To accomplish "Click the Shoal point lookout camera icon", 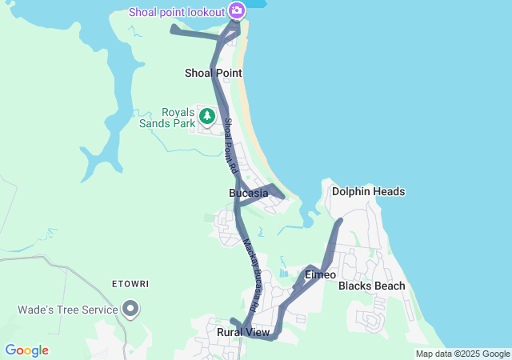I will pos(236,10).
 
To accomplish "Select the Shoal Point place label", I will pos(213,73).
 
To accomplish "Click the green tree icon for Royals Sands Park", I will pos(207,116).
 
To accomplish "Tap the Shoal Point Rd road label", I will pos(230,146).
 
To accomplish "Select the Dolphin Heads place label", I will pos(368,192).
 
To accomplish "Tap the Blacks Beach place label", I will pos(371,286).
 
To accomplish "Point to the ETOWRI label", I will pos(131,284).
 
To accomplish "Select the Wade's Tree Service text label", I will pos(67,310).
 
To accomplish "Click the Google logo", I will pos(26,350).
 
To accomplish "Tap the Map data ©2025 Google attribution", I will pos(462,354).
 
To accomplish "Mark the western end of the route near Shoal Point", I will pos(174,29).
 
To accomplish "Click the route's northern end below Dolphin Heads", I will pos(340,220).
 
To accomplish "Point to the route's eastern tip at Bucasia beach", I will pos(282,194).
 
